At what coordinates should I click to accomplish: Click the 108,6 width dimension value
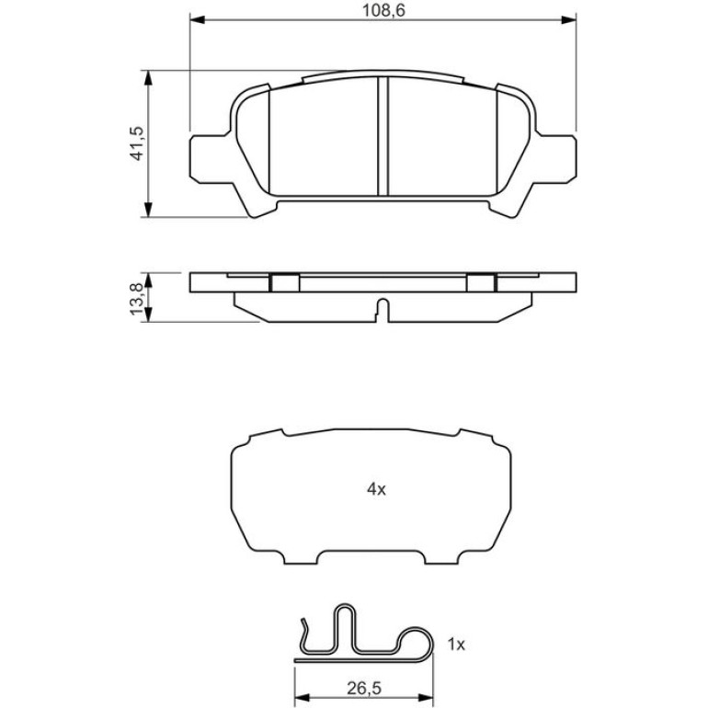tap(383, 10)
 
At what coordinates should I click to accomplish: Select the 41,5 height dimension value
tap(136, 143)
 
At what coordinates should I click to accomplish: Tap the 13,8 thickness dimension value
tap(136, 299)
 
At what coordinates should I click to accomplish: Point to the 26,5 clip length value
tap(364, 688)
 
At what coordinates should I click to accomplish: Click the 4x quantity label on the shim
tap(376, 488)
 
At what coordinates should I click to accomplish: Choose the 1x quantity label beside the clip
tap(456, 645)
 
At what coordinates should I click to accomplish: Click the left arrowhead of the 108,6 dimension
tap(198, 19)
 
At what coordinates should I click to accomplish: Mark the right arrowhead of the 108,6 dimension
tap(568, 19)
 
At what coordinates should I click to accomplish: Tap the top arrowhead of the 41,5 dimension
tap(147, 77)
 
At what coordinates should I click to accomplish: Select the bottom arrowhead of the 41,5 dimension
tap(147, 210)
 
